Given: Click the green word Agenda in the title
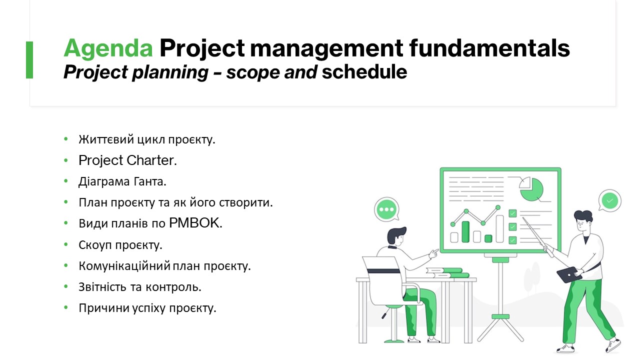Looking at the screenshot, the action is click(108, 48).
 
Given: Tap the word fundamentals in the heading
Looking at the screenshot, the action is click(489, 47).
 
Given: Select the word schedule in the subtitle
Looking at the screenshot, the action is click(364, 71).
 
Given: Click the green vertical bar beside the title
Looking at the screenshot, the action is click(29, 59).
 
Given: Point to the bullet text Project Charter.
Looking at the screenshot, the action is click(127, 160).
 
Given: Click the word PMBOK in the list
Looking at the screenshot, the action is click(195, 223).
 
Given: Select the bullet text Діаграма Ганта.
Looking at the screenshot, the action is click(122, 181).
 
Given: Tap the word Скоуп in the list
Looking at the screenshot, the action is click(95, 245).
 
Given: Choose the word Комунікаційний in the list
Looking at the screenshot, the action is click(124, 265).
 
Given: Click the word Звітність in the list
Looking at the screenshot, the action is click(102, 287).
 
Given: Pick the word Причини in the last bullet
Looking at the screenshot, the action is click(104, 308).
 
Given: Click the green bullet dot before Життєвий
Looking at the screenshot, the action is click(66, 139).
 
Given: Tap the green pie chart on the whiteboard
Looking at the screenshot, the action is click(532, 189).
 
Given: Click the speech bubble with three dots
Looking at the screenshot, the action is click(386, 209).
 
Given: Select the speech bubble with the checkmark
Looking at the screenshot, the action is click(609, 200).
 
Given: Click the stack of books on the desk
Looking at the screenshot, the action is click(447, 272).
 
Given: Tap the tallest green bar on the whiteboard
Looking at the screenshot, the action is click(465, 231).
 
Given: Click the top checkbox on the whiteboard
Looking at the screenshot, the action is click(512, 213).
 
